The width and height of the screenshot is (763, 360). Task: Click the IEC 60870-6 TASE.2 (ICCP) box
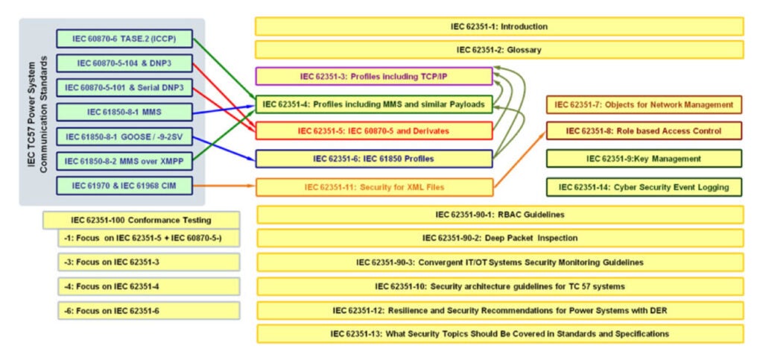coord(124,39)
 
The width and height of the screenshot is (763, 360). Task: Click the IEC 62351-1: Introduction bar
coord(499,26)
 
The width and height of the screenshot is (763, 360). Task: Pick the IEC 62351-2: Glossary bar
coord(499,50)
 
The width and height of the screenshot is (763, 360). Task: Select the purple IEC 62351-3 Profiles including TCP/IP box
coord(373,76)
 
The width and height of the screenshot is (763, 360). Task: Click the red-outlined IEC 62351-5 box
coord(373,131)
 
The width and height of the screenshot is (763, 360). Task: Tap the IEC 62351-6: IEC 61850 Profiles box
coord(373,159)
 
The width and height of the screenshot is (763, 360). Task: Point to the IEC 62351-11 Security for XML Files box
coord(375,187)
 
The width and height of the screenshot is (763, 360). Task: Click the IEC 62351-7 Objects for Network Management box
coord(644,104)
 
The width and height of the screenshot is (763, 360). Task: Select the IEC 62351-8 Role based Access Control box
coord(644,131)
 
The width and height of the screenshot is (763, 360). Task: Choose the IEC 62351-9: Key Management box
coord(644,159)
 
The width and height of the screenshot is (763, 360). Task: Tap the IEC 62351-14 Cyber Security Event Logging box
coord(644,186)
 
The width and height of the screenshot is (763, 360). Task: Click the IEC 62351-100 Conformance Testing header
coord(141,220)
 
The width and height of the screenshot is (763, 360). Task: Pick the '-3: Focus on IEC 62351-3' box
coord(149,262)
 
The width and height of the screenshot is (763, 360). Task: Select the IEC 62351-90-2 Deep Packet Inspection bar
coord(499,239)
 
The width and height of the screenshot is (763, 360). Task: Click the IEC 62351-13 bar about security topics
coord(499,333)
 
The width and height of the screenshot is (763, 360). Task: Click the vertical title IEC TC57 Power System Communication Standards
coord(37,113)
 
